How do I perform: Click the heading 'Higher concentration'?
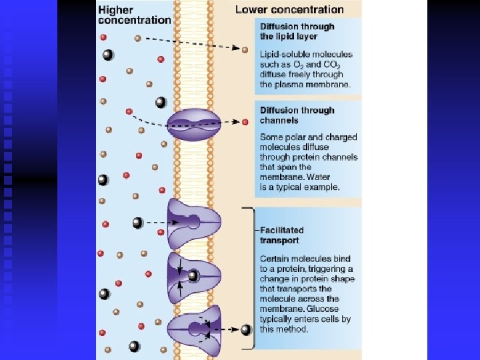[x=134, y=15]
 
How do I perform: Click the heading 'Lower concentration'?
[x=289, y=10]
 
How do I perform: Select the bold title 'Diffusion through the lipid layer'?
[x=297, y=31]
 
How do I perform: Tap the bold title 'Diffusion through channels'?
[x=297, y=115]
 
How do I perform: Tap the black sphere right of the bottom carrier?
[x=246, y=329]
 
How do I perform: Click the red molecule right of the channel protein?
[x=245, y=122]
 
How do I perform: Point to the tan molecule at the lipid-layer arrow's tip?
[x=245, y=50]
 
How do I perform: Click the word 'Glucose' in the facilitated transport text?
[x=323, y=309]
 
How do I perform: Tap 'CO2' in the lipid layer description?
[x=331, y=65]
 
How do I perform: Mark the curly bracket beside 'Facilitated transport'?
[x=252, y=277]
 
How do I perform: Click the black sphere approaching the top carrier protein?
[x=137, y=223]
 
